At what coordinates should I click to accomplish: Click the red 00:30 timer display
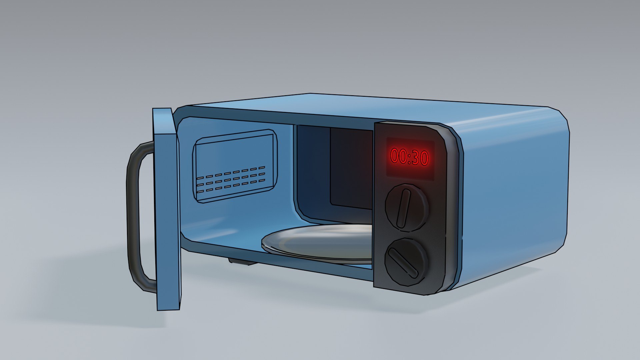click(410, 157)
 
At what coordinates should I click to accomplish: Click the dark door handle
click(133, 217)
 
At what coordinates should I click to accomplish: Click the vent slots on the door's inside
click(230, 180)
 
